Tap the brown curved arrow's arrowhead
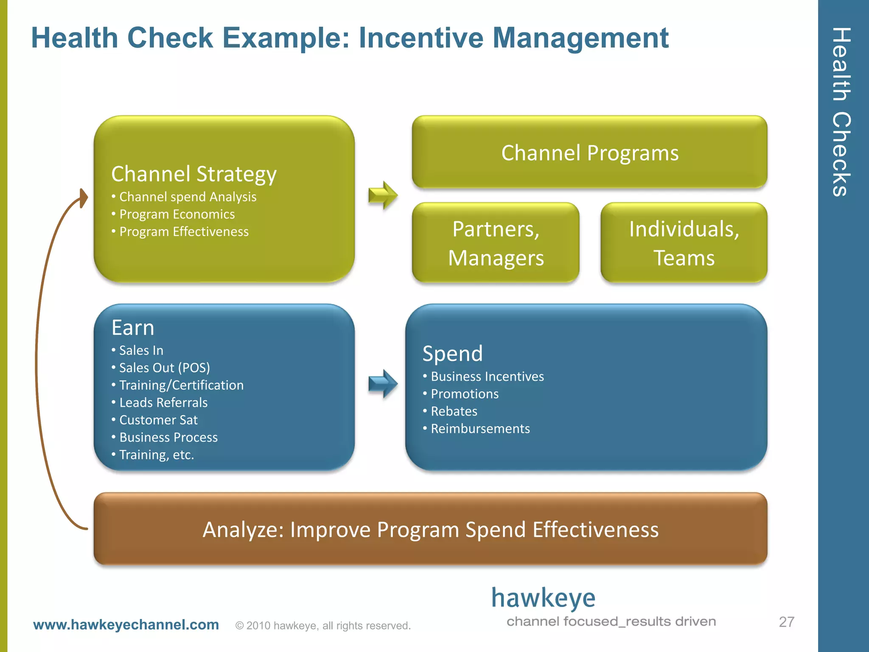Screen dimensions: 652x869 coord(84,198)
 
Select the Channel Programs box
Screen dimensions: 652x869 coord(589,152)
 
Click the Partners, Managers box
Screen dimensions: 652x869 coord(496,243)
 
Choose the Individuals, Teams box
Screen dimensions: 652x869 coord(684,243)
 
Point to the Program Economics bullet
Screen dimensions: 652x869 coord(177,214)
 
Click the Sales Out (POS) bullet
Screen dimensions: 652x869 coord(164,368)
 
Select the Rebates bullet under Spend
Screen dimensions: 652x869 coord(454,411)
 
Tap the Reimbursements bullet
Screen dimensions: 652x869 coord(480,429)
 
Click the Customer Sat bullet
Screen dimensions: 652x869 coord(158,420)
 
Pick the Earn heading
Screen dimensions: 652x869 coord(133,328)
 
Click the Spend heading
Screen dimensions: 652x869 coord(452,353)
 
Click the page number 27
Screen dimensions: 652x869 coord(786,622)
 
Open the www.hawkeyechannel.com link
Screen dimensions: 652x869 coord(126,624)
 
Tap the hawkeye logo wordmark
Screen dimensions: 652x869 coord(543,599)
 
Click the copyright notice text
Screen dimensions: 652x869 coord(323,626)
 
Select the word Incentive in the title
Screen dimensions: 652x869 coord(420,38)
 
